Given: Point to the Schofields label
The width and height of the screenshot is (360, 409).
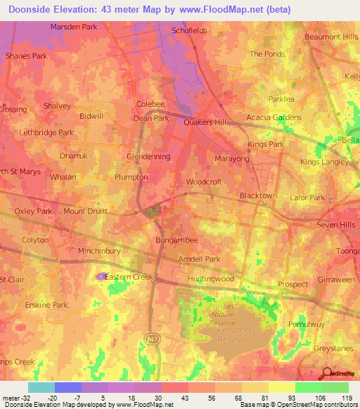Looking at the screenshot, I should click(x=189, y=31).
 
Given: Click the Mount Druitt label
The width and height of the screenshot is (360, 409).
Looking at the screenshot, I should click(x=84, y=211).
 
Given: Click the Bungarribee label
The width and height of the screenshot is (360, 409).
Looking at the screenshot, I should click(x=174, y=240).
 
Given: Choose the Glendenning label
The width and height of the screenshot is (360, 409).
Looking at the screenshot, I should click(x=148, y=157).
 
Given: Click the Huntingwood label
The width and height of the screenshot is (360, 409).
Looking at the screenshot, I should click(x=210, y=279).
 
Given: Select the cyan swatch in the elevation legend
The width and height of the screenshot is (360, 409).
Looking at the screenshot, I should click(x=41, y=387).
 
